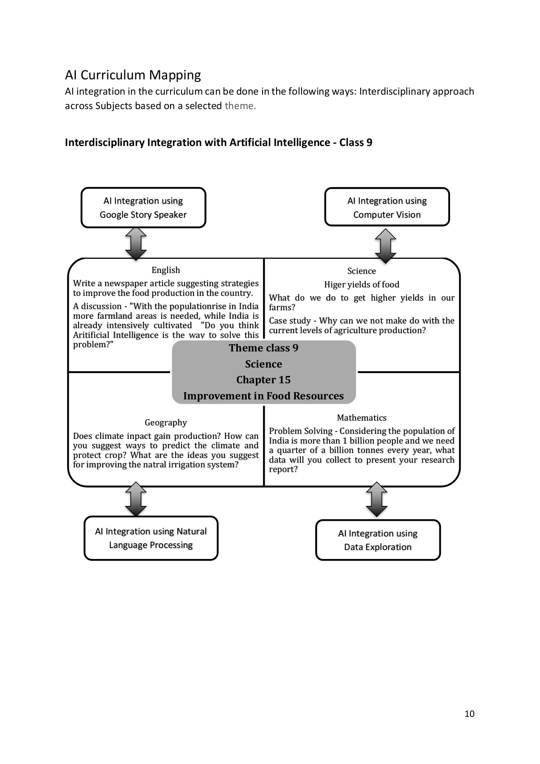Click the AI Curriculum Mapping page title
[x=133, y=75]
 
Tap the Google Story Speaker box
[x=143, y=208]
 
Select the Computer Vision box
[x=386, y=207]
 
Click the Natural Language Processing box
[x=151, y=538]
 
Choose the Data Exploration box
[x=378, y=540]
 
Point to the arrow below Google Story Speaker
[x=136, y=244]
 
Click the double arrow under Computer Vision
[x=386, y=246]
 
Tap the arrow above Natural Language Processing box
[x=136, y=499]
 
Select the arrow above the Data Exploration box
[x=377, y=499]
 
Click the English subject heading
[x=166, y=270]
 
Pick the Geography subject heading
[x=166, y=422]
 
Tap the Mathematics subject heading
[x=361, y=418]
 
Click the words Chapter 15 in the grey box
[x=263, y=380]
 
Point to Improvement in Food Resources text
[x=263, y=396]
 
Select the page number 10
[x=469, y=713]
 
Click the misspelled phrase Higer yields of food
[x=361, y=284]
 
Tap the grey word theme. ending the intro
[x=240, y=106]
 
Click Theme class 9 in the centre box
[x=263, y=348]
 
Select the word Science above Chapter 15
[x=263, y=364]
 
